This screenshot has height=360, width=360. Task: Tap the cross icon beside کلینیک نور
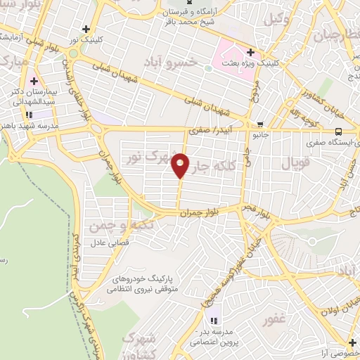pyautogui.click(x=86, y=29)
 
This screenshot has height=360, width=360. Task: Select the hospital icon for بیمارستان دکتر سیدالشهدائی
pyautogui.click(x=33, y=82)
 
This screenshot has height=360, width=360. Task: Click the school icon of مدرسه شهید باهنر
pyautogui.click(x=29, y=114)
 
